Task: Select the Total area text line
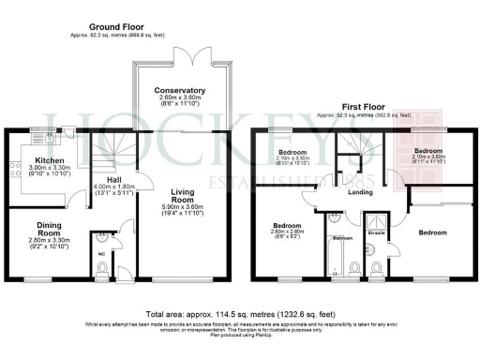tap(239, 314)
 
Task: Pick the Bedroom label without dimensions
tap(432, 232)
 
